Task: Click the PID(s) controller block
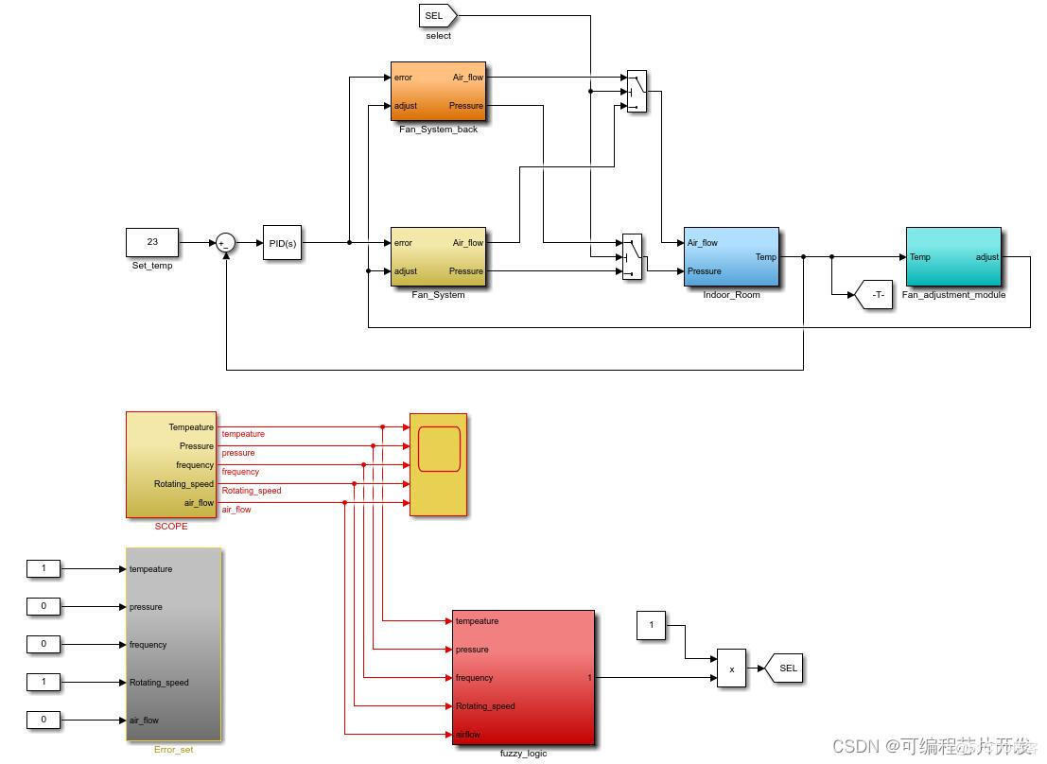282,243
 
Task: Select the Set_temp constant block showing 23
152,242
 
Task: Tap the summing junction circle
225,243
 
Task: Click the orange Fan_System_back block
438,92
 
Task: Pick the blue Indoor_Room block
731,256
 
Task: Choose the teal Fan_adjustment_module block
952,256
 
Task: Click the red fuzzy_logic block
523,677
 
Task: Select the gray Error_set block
173,644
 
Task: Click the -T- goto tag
874,295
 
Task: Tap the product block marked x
731,668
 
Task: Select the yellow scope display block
438,464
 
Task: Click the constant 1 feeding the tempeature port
44,568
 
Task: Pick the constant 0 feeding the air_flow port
44,720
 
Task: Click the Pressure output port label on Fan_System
465,271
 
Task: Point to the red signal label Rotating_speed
252,491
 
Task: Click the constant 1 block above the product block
651,625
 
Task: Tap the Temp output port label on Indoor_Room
765,257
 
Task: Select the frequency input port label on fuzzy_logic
475,678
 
